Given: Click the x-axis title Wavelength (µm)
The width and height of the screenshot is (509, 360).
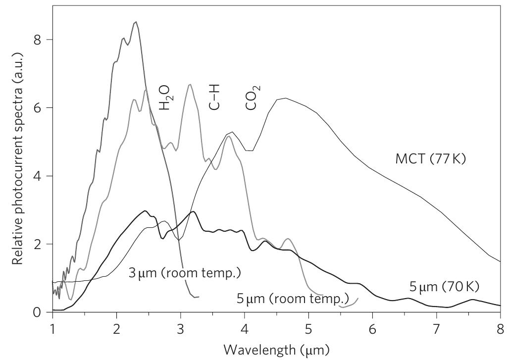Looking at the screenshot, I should pos(276,349).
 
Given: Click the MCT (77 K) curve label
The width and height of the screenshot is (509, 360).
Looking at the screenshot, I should pos(430,159).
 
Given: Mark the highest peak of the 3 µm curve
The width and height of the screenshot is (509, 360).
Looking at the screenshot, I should pos(136,22).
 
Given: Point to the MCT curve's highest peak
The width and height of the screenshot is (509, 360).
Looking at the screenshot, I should pos(286,98).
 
